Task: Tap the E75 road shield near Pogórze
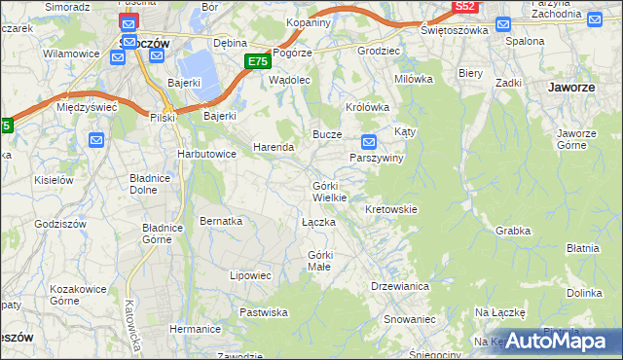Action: point(256,61)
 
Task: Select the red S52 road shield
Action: point(465,7)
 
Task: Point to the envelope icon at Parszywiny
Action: point(368,140)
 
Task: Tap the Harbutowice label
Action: point(206,154)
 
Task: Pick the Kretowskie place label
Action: point(390,209)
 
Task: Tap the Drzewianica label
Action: point(400,286)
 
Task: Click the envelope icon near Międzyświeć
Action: point(96,140)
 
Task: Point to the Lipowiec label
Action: point(250,275)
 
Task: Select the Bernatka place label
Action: point(221,221)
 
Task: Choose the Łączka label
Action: point(318,223)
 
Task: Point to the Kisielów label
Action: point(55,180)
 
